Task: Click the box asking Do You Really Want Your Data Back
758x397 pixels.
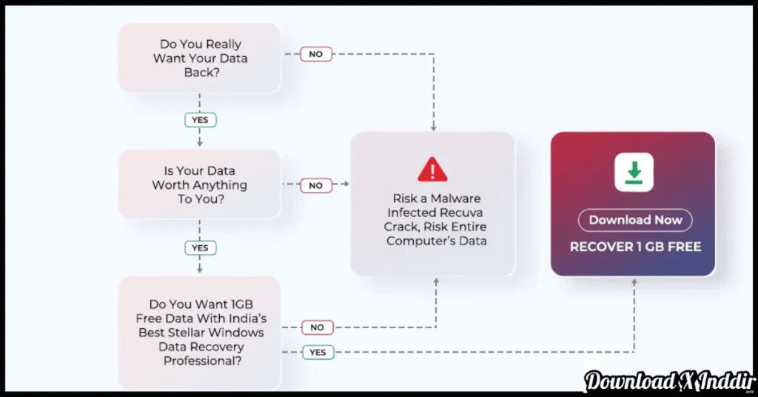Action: coord(200,58)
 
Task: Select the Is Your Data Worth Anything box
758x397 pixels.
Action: coord(200,184)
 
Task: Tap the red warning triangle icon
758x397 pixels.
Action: coord(433,170)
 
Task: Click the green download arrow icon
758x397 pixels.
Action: coord(634,172)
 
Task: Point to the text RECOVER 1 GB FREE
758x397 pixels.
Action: coord(635,247)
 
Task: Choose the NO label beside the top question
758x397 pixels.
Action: coord(316,54)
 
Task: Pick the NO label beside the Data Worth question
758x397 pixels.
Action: coord(316,186)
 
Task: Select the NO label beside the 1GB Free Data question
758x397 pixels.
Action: coord(317,327)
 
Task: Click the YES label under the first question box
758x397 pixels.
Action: coord(200,119)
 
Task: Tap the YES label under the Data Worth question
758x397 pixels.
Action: coord(200,247)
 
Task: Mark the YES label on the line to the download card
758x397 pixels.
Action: coord(318,353)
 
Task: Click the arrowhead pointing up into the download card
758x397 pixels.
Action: coord(634,282)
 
